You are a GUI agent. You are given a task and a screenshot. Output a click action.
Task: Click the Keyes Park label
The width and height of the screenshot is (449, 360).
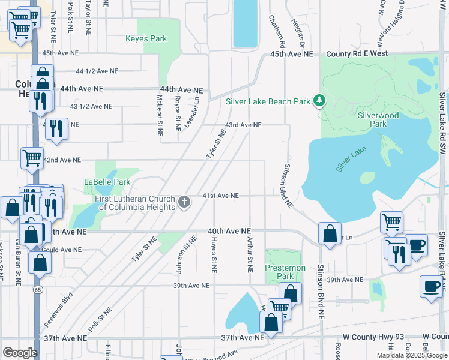click(x=146, y=39)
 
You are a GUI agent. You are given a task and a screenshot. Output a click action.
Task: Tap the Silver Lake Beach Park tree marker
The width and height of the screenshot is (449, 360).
click(x=320, y=101)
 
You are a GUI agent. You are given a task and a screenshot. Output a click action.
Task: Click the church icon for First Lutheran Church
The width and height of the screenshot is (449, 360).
click(x=184, y=202)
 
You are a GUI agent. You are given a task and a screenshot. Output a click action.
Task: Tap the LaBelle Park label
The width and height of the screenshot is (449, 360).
click(x=107, y=182)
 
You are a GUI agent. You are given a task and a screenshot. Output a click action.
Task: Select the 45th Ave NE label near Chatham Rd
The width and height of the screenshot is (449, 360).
click(x=292, y=54)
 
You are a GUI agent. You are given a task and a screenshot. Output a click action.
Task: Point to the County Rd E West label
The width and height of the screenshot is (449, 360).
click(x=354, y=54)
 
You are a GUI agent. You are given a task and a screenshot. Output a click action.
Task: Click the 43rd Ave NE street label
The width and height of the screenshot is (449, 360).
click(x=243, y=125)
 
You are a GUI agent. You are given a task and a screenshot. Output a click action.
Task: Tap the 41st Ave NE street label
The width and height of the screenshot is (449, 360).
click(x=220, y=196)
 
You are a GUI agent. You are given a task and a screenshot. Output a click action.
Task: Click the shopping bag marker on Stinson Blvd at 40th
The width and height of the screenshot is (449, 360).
click(x=330, y=234)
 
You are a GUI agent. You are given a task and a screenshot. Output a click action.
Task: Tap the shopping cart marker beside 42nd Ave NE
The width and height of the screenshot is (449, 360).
click(x=32, y=158)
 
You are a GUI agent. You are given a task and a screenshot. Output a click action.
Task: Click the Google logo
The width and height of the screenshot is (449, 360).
click(x=20, y=353)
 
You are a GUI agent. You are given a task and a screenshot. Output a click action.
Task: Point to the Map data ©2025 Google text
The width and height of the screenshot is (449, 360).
click(x=412, y=355)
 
